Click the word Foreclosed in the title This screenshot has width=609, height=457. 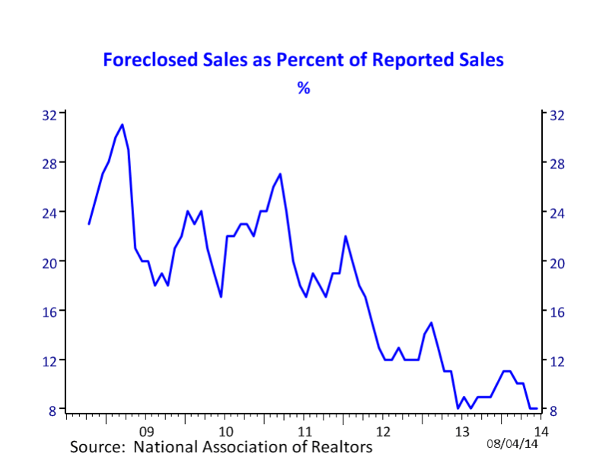[x=150, y=60]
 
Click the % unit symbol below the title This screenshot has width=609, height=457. [x=304, y=88]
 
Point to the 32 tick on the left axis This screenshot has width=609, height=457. [x=49, y=115]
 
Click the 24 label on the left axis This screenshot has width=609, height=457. [x=49, y=213]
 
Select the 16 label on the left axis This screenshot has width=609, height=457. [x=49, y=312]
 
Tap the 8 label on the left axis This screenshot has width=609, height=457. [x=53, y=411]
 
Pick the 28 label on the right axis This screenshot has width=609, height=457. [x=557, y=164]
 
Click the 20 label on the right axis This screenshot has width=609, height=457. [x=557, y=263]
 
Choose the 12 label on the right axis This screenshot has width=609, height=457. [x=557, y=361]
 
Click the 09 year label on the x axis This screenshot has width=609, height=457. [x=146, y=431]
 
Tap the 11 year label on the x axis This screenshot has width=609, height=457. [x=304, y=431]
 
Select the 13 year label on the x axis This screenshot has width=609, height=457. [x=462, y=431]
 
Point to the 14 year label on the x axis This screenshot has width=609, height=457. [x=541, y=431]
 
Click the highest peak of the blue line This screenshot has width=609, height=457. [x=123, y=125]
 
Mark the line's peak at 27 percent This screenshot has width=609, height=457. [x=280, y=174]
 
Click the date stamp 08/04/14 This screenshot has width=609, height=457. [x=512, y=443]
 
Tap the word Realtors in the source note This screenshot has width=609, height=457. [x=338, y=446]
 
